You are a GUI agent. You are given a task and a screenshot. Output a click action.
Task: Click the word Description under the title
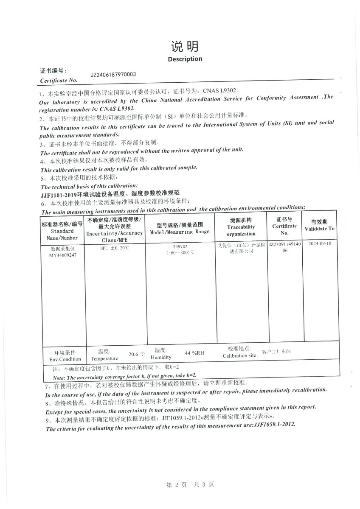(x=185, y=59)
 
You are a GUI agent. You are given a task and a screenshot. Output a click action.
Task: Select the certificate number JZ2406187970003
(x=113, y=75)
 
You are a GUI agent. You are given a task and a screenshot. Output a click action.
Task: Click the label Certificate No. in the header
(x=59, y=80)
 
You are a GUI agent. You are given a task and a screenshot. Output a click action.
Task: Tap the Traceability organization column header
(x=241, y=227)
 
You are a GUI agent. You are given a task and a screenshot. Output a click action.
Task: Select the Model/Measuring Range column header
(x=180, y=229)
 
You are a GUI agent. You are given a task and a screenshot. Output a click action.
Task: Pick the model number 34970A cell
(x=180, y=246)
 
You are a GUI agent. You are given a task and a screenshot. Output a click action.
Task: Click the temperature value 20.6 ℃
(x=137, y=354)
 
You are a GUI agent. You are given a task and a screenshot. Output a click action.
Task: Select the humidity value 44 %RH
(x=194, y=353)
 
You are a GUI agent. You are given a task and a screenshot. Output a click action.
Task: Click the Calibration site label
(x=239, y=355)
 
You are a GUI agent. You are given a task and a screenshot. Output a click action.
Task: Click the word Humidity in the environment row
(x=161, y=357)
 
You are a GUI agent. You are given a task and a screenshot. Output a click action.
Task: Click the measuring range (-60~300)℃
(x=180, y=252)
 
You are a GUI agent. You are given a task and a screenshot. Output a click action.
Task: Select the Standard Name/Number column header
(x=62, y=231)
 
